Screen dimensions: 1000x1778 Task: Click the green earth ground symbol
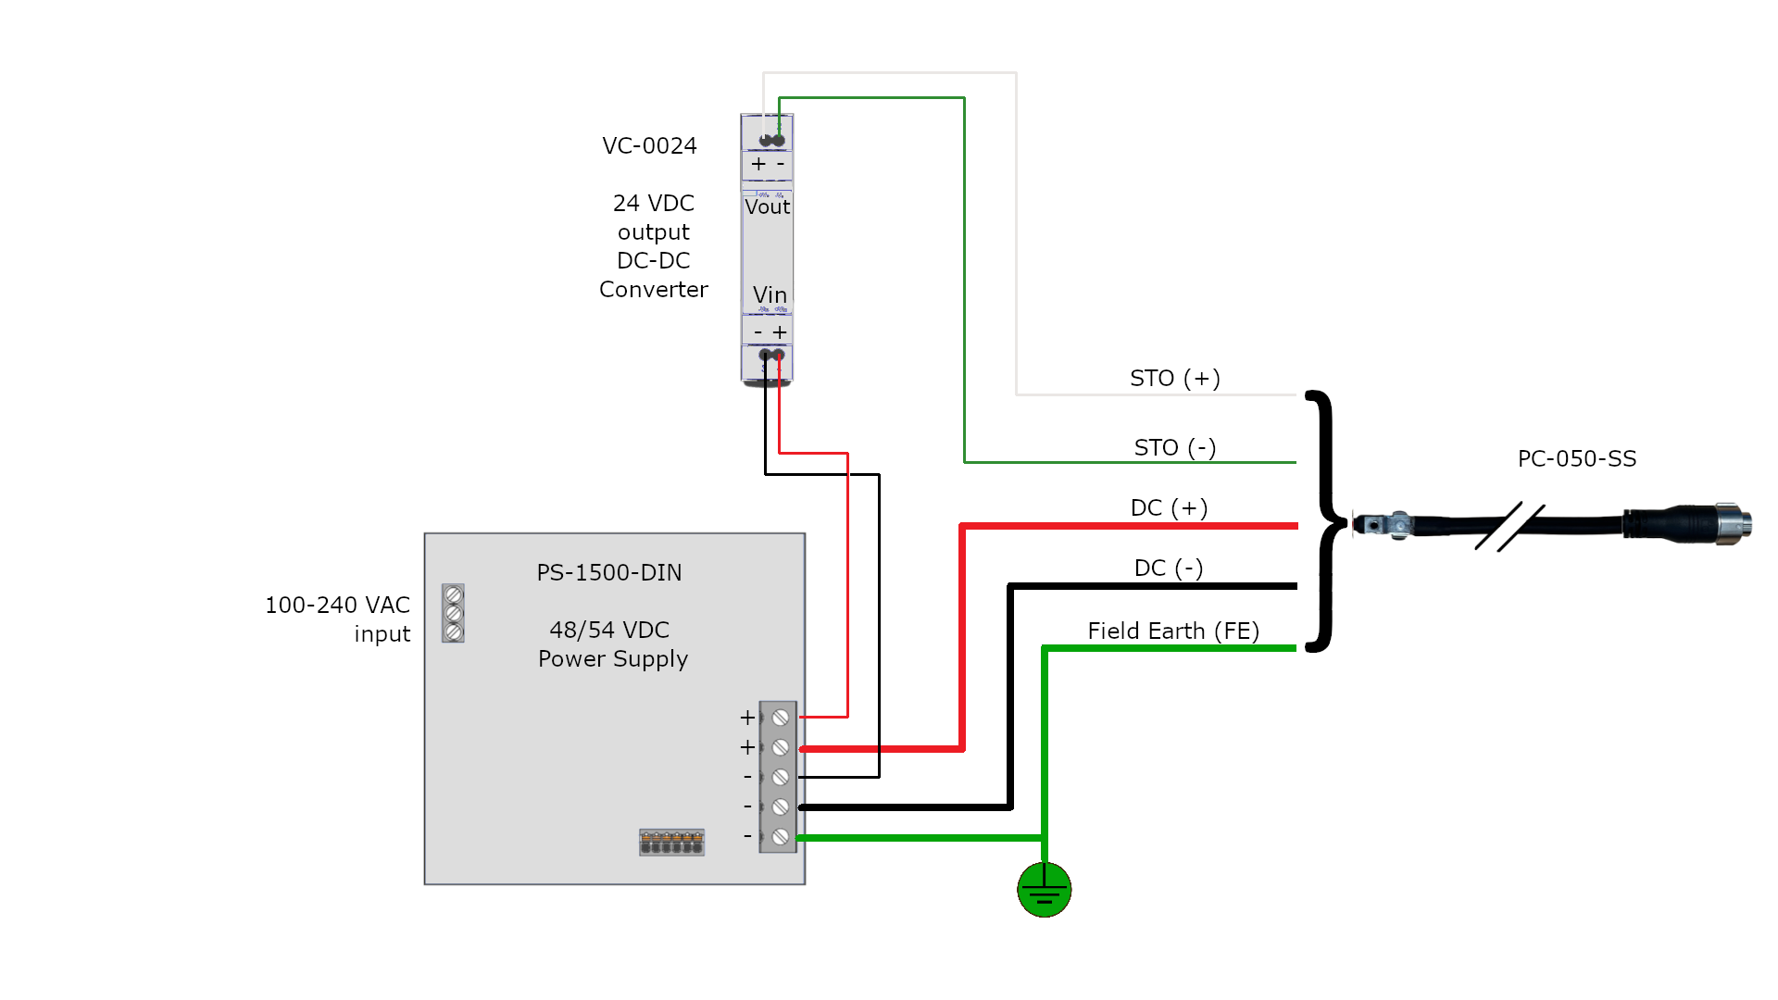point(1044,890)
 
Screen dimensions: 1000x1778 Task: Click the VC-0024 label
point(649,146)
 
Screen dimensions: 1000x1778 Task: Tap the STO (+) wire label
point(1174,378)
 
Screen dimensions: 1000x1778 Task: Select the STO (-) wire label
point(1174,448)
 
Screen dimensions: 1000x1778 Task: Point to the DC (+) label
point(1169,508)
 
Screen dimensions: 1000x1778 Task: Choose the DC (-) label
point(1169,568)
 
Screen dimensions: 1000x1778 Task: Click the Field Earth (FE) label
point(1173,631)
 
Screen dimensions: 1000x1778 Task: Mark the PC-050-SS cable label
point(1576,459)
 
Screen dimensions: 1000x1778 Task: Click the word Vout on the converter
point(767,207)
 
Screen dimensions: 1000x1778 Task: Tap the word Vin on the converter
point(770,295)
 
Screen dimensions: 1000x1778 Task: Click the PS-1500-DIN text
point(608,573)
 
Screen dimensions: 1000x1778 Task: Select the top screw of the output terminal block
point(781,718)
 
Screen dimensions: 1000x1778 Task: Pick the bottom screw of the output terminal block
point(781,837)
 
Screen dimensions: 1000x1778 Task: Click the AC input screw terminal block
point(453,613)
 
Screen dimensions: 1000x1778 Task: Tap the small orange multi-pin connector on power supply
point(671,843)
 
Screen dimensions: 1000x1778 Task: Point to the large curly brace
point(1329,522)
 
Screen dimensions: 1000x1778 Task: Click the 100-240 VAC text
point(337,606)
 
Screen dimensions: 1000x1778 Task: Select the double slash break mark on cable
point(1509,527)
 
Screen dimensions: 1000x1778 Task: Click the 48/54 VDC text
point(608,631)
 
